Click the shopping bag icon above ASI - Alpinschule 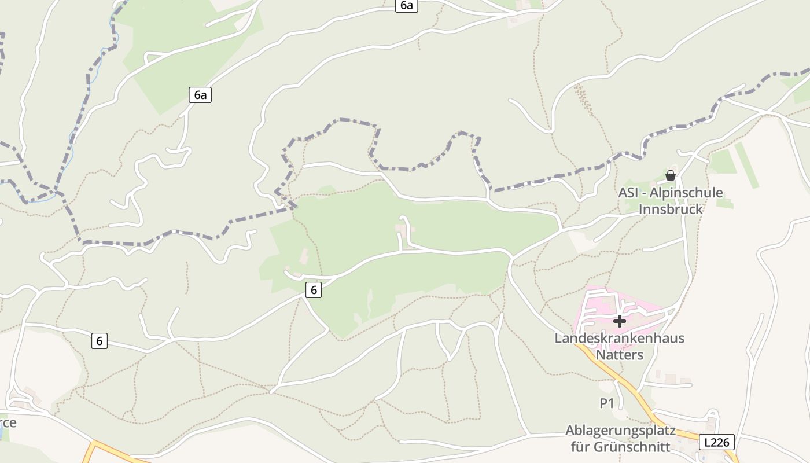click(671, 175)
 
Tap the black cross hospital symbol click(620, 321)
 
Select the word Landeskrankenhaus click(619, 338)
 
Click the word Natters click(619, 354)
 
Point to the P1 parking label click(606, 403)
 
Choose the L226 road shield click(717, 442)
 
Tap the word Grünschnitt click(635, 447)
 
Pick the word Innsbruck click(671, 209)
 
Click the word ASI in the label click(628, 193)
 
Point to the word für click(581, 447)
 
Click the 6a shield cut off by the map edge click(407, 5)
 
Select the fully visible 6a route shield click(200, 95)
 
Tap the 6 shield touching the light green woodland click(314, 290)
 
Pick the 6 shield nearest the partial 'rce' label click(100, 341)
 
